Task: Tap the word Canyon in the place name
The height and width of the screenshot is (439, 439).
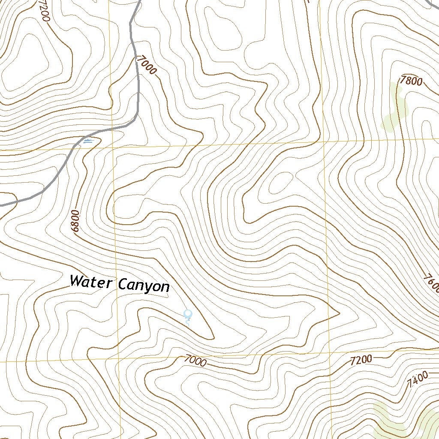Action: click(144, 285)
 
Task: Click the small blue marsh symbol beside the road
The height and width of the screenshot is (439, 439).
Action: click(88, 140)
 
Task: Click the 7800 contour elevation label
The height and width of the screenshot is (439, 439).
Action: click(411, 81)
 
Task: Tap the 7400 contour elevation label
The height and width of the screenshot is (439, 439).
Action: click(418, 379)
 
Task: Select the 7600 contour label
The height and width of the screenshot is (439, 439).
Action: click(431, 283)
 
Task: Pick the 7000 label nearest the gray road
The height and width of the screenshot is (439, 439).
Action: click(146, 66)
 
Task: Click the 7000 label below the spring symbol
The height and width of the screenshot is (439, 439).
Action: click(196, 361)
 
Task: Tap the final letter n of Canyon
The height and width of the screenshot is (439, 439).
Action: click(165, 287)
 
